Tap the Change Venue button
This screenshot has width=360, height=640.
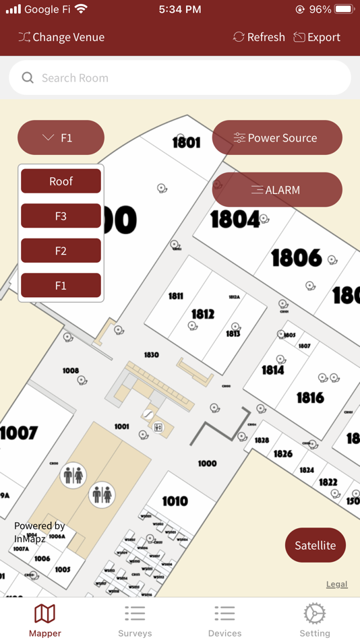click(61, 37)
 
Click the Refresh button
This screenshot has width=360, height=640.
click(259, 37)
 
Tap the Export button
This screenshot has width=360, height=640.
click(316, 37)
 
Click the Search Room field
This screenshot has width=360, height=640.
click(180, 78)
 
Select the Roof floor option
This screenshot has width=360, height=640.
click(61, 181)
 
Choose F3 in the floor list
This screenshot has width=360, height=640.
click(61, 216)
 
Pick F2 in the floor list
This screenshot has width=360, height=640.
click(61, 251)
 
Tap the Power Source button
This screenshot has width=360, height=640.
click(277, 138)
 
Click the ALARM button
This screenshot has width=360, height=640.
click(277, 190)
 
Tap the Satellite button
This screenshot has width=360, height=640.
click(315, 545)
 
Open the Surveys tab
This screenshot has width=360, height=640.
click(135, 620)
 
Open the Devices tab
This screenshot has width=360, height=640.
click(224, 620)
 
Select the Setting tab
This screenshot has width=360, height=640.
click(315, 620)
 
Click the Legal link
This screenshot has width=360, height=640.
click(336, 584)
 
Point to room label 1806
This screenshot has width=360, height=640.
click(296, 257)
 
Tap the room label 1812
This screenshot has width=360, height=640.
click(202, 314)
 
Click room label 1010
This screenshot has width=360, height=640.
click(175, 501)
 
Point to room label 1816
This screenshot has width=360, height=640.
click(310, 397)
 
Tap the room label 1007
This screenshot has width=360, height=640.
click(19, 433)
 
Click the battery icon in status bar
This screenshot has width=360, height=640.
click(344, 9)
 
